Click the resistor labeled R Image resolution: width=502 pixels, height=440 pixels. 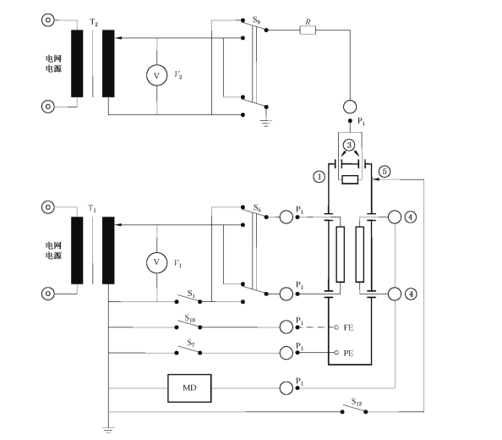pos(308,30)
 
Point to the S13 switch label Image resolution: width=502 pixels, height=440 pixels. pos(357,402)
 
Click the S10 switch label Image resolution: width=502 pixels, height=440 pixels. pos(190,318)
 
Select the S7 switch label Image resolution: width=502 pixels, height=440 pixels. pos(191,344)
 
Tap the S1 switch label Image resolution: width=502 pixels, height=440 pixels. pos(191,294)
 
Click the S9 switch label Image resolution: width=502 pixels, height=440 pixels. pos(256,20)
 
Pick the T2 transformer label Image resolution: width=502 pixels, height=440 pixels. pos(94,22)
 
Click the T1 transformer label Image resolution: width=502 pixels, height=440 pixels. pos(92,209)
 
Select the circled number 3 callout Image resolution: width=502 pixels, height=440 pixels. pos(349,146)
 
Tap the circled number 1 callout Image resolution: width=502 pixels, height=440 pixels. pos(319,177)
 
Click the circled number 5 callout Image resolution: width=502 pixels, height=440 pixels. pos(385,172)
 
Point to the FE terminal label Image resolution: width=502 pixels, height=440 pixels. pos(348,327)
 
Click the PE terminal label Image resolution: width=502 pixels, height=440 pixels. pos(348,353)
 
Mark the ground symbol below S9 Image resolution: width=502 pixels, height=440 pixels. pos(265,124)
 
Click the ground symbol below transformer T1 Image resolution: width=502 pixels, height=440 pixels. pos(108,430)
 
